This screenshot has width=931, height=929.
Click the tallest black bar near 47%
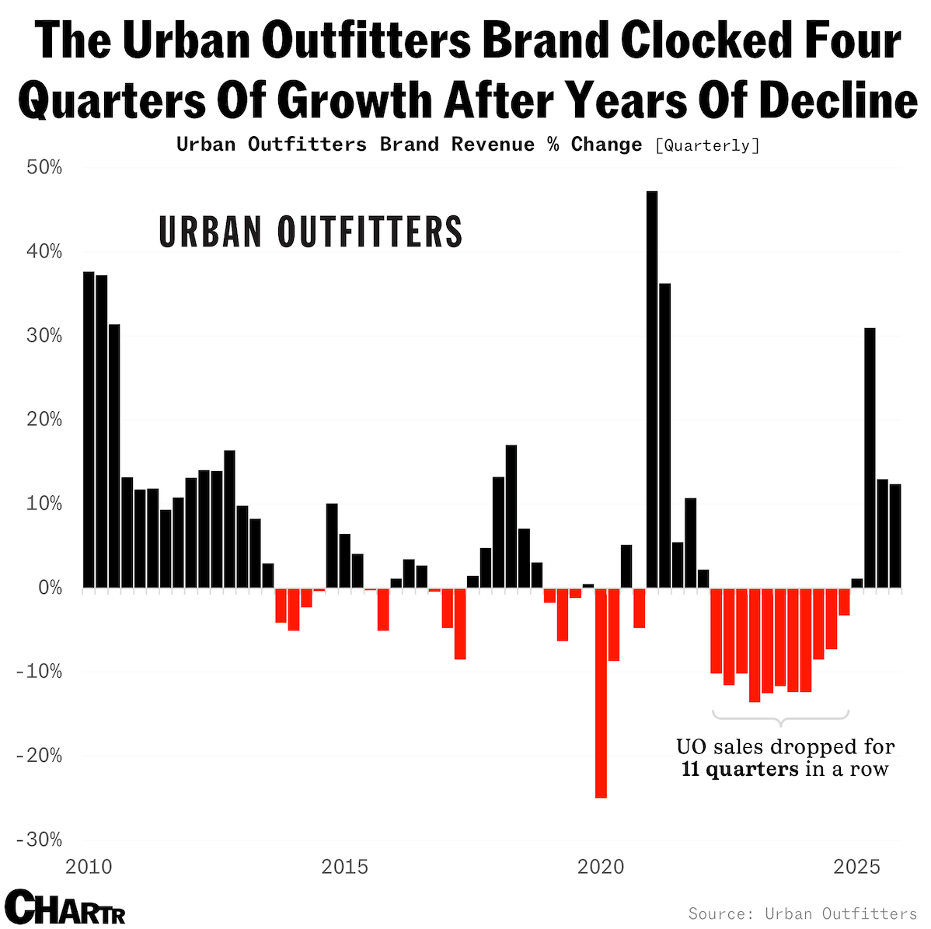click(x=652, y=389)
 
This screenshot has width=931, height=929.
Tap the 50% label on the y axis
click(x=45, y=168)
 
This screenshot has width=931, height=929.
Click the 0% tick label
click(x=50, y=588)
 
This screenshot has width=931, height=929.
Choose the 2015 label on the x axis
click(x=345, y=866)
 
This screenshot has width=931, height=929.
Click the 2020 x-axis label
click(x=601, y=866)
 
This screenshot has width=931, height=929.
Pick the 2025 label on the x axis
click(x=856, y=866)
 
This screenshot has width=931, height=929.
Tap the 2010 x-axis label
click(x=89, y=866)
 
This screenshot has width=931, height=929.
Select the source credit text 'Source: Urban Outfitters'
click(x=803, y=913)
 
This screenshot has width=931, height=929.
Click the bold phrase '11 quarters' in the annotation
click(x=740, y=770)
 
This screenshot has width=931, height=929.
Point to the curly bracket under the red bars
click(x=780, y=716)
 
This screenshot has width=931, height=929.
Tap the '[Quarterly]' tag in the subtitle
click(x=707, y=145)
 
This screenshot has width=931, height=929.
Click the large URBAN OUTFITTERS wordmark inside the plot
click(x=311, y=232)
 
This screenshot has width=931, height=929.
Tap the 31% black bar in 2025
click(x=870, y=458)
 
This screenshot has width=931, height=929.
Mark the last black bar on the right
click(x=895, y=536)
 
